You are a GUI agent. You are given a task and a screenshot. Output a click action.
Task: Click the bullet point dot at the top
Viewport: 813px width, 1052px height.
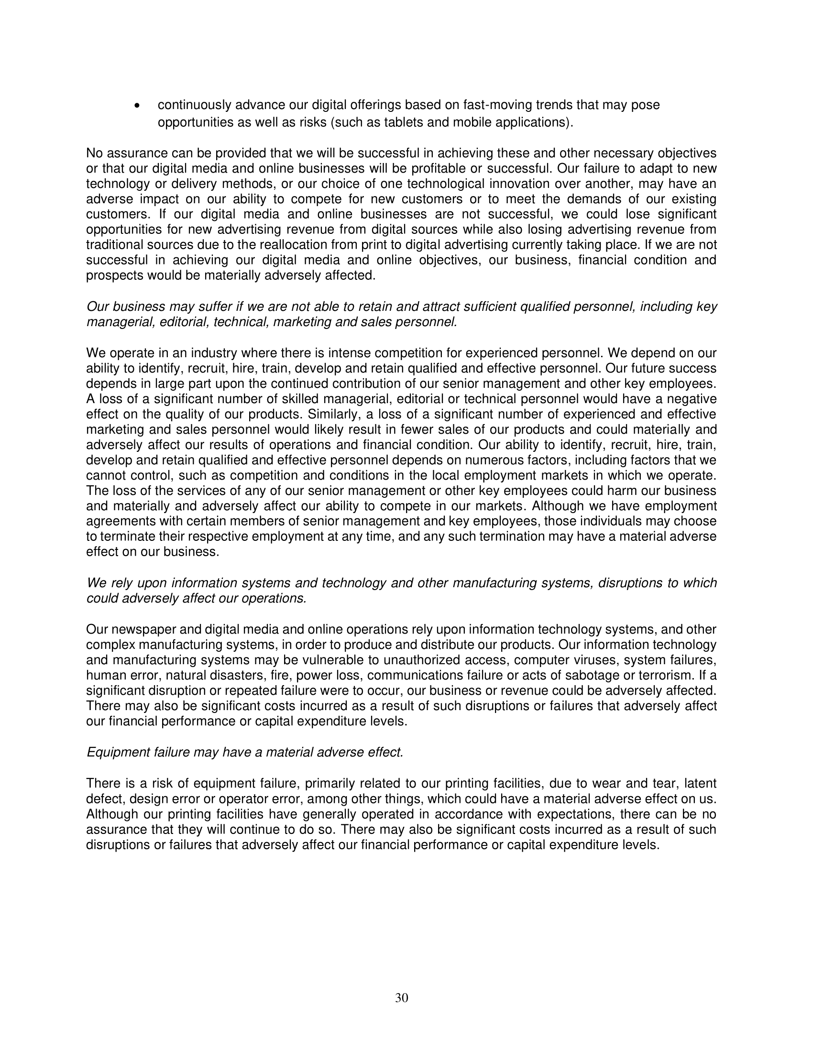click(139, 106)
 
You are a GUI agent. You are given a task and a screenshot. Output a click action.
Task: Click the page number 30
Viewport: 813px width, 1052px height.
click(402, 997)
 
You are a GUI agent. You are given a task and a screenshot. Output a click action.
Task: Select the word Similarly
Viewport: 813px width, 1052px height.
click(335, 414)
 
